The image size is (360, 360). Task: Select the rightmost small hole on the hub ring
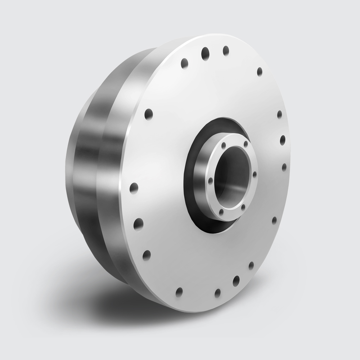(255, 174)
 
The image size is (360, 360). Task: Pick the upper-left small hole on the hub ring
(224, 145)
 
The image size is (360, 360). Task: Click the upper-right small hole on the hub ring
(246, 144)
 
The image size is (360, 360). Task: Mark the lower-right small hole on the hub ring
(243, 207)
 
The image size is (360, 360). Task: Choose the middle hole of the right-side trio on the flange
(283, 140)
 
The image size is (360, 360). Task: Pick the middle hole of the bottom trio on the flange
(237, 280)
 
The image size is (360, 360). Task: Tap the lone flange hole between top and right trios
(260, 71)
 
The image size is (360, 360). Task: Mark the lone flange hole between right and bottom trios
(274, 220)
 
